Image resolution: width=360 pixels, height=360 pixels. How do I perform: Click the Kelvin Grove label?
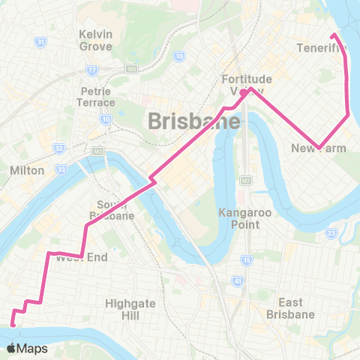click(96, 40)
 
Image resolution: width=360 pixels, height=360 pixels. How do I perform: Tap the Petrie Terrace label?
click(96, 96)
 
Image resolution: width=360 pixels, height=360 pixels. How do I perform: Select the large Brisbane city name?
click(194, 120)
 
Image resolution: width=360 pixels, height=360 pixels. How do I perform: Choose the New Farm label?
click(319, 148)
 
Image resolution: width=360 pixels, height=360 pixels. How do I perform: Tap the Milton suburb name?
click(28, 170)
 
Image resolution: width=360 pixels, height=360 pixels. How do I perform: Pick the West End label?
click(82, 257)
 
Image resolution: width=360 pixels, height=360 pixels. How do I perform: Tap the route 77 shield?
click(92, 70)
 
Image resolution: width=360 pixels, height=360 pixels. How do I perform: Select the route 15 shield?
click(246, 260)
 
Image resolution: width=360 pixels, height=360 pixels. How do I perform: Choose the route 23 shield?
click(331, 233)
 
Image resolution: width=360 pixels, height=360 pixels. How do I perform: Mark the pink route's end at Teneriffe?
click(333, 35)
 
